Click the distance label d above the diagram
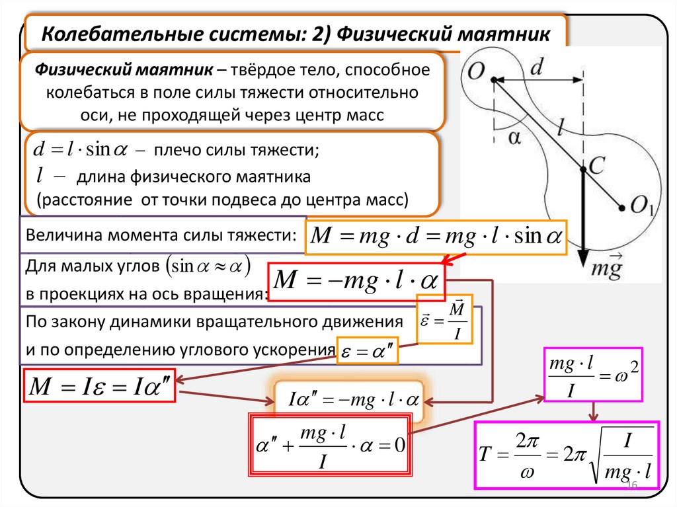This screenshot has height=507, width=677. (539, 66)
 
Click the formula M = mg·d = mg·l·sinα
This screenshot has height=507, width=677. (436, 236)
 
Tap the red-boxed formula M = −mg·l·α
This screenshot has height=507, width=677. (357, 280)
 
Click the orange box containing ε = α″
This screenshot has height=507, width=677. (368, 352)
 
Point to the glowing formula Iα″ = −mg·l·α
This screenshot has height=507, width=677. (349, 400)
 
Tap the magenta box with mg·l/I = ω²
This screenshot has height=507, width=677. (592, 374)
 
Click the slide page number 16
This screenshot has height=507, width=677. (631, 487)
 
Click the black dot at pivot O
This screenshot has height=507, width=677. (495, 81)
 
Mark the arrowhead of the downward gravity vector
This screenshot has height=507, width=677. (582, 256)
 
